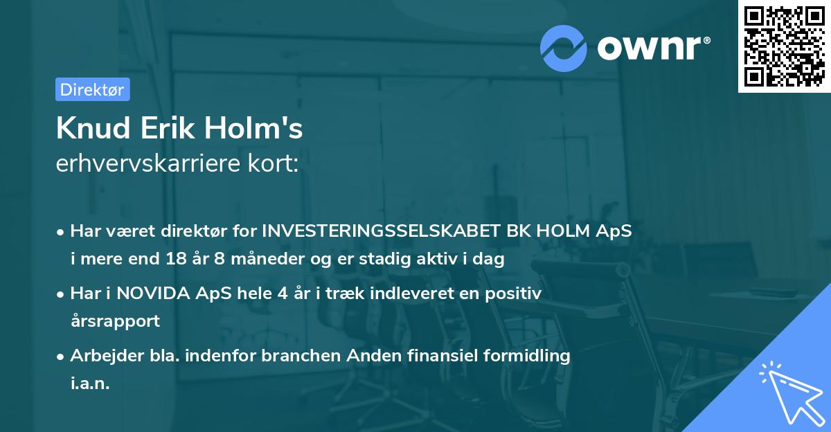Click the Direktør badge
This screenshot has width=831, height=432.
click(92, 89)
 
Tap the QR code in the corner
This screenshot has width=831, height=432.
click(783, 46)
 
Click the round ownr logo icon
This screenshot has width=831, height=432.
click(564, 48)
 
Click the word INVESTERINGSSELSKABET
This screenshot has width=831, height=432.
click(386, 231)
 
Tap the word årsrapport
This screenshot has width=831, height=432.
click(115, 321)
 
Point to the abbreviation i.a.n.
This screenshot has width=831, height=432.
click(90, 383)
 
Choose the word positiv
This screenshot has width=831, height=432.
click(514, 294)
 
